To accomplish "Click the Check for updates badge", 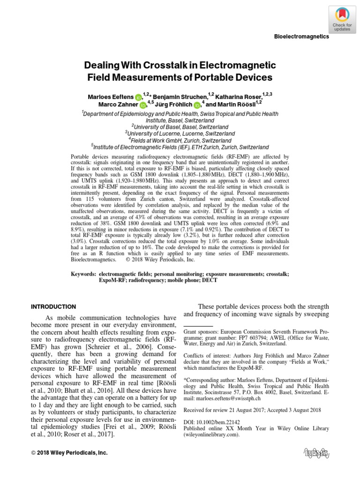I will (x=342, y=19).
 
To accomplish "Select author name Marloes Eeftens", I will (x=111, y=96).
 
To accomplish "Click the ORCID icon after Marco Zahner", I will (x=142, y=105).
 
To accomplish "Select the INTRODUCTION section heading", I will (x=53, y=307).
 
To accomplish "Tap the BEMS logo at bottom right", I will (x=315, y=453).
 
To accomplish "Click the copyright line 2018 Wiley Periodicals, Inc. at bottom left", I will (x=69, y=453).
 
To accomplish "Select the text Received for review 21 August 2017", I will (x=218, y=410).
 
